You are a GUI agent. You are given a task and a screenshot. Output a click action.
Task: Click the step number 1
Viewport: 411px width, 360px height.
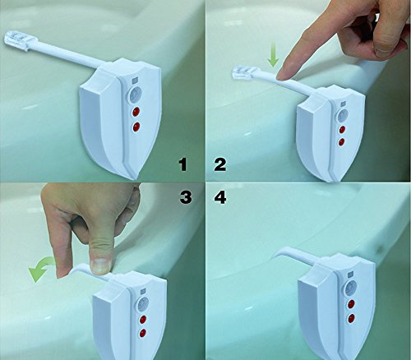point(182,164)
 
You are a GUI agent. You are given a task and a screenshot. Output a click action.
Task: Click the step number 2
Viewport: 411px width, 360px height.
point(220,164)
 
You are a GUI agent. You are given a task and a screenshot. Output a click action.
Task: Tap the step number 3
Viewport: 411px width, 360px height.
point(186,196)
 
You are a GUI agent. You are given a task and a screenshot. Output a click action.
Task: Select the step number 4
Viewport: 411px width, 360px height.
point(220,196)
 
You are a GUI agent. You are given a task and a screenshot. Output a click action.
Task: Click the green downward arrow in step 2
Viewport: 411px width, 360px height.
point(273,58)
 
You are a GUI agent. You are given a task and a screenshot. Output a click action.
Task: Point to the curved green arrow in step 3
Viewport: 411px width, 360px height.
point(41,268)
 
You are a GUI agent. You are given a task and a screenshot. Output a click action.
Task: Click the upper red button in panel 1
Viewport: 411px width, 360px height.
point(136,112)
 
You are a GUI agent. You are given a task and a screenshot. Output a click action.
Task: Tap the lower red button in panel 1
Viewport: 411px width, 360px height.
point(136,127)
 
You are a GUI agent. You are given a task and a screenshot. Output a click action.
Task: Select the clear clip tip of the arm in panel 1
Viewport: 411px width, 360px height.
point(16,40)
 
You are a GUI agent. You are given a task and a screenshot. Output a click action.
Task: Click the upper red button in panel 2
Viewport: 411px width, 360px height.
point(342,129)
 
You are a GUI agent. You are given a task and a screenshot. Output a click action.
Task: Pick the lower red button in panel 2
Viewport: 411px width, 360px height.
point(341,141)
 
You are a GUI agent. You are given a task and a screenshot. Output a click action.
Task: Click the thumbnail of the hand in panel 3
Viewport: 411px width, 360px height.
point(100,265)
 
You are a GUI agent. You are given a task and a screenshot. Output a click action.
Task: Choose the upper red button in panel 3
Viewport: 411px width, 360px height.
point(143,320)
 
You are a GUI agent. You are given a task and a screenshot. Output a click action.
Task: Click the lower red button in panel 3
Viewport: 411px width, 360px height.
point(143,332)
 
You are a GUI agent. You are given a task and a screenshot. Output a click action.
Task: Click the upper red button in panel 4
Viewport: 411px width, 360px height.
point(351,304)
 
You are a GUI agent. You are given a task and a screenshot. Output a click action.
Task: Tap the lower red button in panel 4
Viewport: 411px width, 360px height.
point(351,318)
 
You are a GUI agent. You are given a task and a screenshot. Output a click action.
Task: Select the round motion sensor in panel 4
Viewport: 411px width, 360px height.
point(351,288)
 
